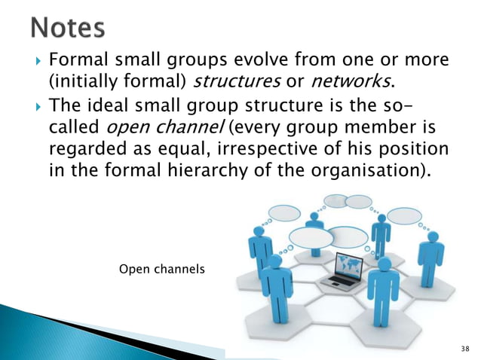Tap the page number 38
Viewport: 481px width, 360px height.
(x=463, y=348)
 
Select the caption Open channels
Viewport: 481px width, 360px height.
(x=162, y=268)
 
